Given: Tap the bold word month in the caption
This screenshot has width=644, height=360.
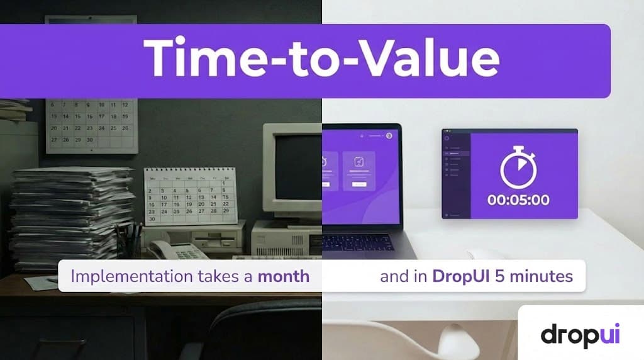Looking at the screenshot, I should tap(283, 276).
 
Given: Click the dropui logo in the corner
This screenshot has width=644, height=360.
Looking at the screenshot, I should tap(580, 334).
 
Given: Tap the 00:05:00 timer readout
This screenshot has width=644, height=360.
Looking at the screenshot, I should tap(519, 200).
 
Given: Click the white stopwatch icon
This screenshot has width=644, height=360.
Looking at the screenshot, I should tap(518, 169).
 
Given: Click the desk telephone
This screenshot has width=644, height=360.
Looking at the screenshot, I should tap(176, 250).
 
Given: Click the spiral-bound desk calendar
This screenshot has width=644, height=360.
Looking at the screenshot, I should tap(191, 196).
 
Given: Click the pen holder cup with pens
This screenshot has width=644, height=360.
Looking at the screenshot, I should tap(129, 242).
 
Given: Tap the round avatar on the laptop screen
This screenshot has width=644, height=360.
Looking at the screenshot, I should tap(389, 135).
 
